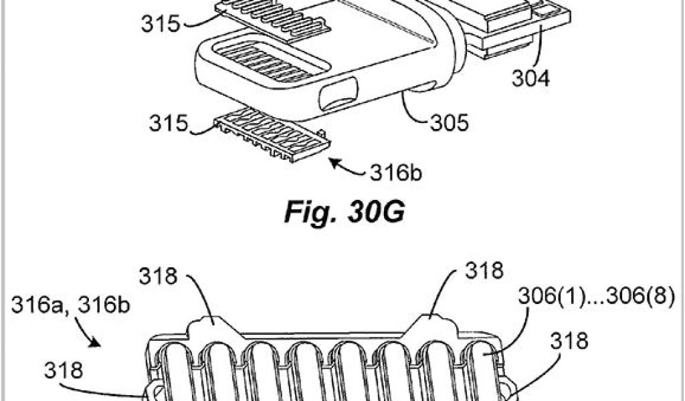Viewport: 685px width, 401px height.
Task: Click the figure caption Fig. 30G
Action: (x=344, y=215)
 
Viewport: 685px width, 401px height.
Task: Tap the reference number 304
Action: (x=531, y=78)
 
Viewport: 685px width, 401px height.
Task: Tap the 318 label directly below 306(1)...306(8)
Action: (x=569, y=342)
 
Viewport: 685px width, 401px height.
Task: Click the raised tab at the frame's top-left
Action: (x=209, y=327)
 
